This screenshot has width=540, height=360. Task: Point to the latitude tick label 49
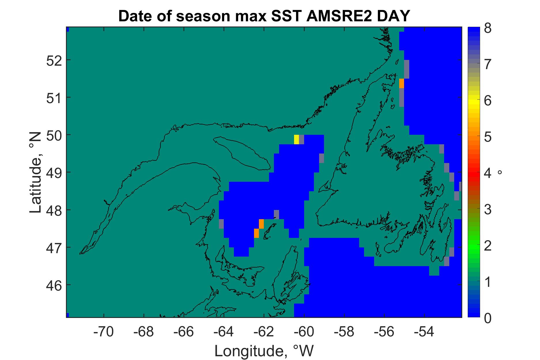(54, 173)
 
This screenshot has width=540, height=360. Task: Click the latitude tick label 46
(54, 285)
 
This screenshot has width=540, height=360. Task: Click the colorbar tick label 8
(488, 29)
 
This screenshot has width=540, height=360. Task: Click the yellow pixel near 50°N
(296, 139)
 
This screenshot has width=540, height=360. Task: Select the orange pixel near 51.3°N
(401, 83)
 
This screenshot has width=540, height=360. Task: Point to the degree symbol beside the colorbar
(500, 172)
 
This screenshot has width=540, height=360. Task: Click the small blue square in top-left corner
(68, 29)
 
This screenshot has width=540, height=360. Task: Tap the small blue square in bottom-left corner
(68, 315)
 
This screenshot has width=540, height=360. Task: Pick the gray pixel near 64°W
(221, 224)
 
